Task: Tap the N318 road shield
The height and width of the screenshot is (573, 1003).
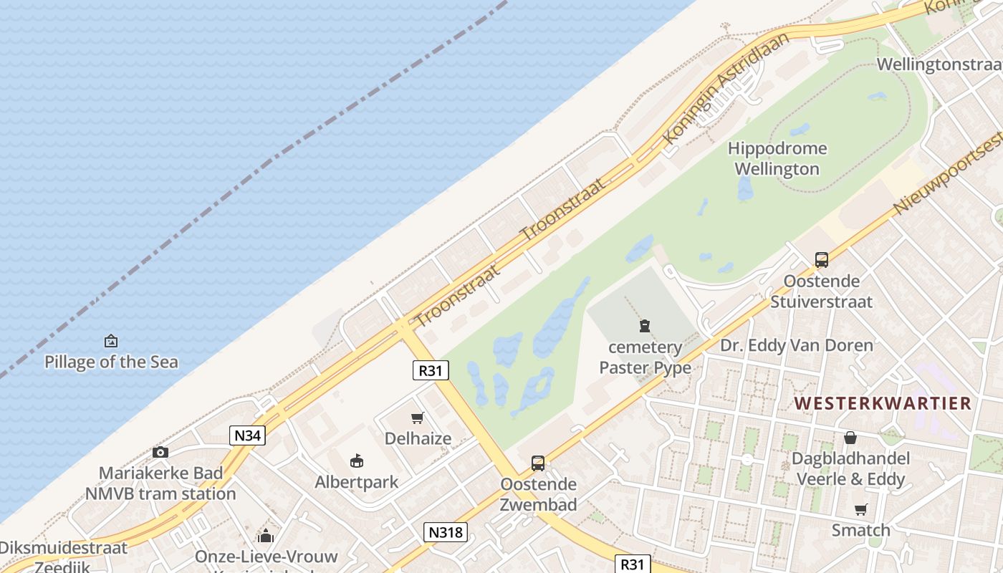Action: click(x=446, y=532)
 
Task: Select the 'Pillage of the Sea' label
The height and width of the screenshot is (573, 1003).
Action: click(x=111, y=362)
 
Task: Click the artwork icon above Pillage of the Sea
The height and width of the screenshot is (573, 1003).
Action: click(x=111, y=341)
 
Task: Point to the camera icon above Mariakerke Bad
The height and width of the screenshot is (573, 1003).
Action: click(x=160, y=452)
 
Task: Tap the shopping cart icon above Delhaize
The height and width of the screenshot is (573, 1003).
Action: click(x=418, y=418)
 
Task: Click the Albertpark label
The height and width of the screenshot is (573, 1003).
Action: click(x=356, y=481)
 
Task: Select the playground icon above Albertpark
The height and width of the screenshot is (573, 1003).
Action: click(x=356, y=461)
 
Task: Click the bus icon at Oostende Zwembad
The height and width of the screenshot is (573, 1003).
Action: click(x=538, y=463)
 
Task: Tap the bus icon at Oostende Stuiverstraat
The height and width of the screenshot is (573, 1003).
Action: click(x=821, y=260)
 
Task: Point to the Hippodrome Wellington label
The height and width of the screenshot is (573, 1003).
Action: click(x=777, y=159)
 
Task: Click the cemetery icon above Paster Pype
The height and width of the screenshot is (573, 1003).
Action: click(x=645, y=327)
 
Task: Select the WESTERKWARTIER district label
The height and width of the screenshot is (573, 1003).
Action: click(x=883, y=403)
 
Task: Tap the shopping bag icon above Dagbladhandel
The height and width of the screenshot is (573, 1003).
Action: click(x=850, y=438)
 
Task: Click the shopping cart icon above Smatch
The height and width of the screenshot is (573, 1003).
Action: click(x=860, y=510)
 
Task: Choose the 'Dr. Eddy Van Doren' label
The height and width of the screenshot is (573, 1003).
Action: click(x=796, y=346)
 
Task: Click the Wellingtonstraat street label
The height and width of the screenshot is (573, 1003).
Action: click(x=939, y=64)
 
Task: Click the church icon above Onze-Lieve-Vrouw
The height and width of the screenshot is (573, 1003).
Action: click(x=266, y=536)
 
